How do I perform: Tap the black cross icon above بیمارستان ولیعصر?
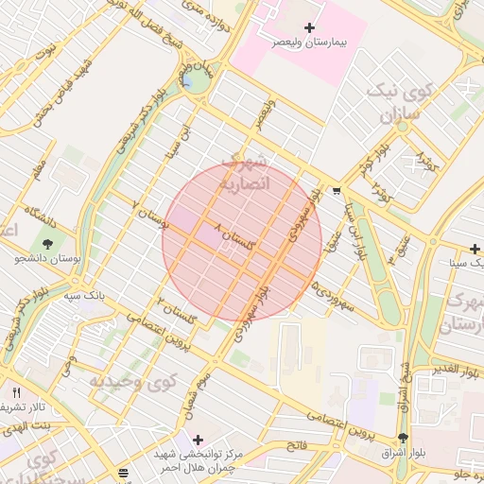(x=308, y=28)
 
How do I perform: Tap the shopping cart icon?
(x=337, y=190)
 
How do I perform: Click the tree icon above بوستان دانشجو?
(x=48, y=245)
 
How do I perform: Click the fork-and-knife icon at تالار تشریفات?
(x=16, y=391)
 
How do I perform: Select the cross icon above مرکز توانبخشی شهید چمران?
(x=198, y=440)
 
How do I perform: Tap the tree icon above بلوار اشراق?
(x=405, y=438)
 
